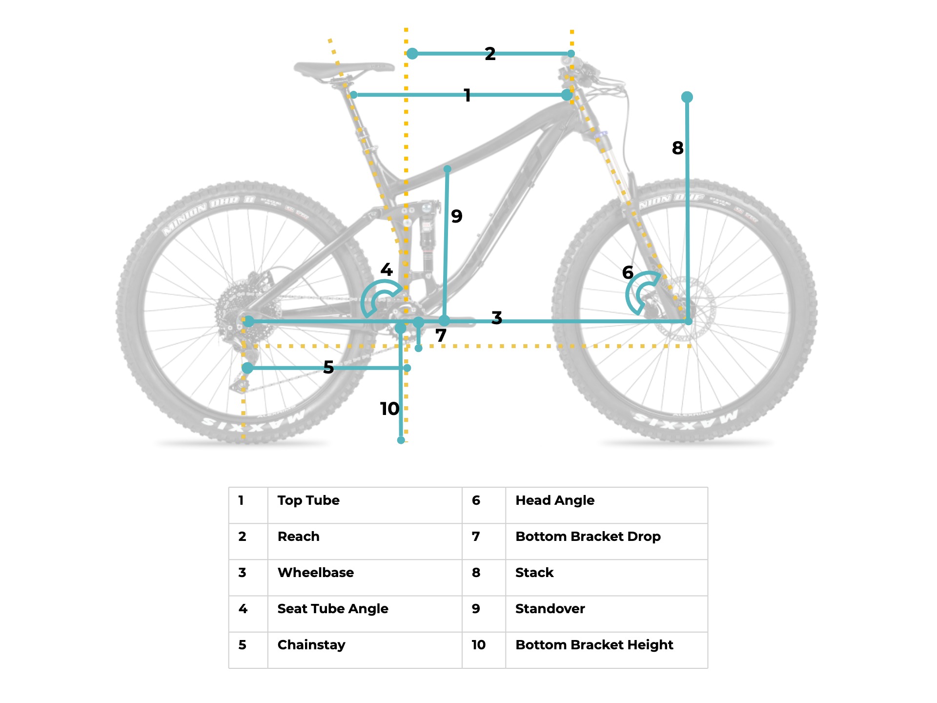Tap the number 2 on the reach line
pyautogui.click(x=490, y=54)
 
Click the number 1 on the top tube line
pyautogui.click(x=467, y=95)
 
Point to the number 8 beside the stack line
pyautogui.click(x=677, y=148)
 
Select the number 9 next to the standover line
pyautogui.click(x=456, y=216)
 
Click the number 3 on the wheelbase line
pyautogui.click(x=497, y=318)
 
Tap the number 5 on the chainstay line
pyautogui.click(x=328, y=367)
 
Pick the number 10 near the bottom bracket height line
pyautogui.click(x=389, y=409)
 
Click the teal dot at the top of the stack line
pyautogui.click(x=687, y=97)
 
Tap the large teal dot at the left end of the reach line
pyautogui.click(x=412, y=54)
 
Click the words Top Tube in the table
pyautogui.click(x=308, y=500)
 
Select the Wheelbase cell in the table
pyautogui.click(x=316, y=573)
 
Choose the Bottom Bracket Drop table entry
pyautogui.click(x=588, y=537)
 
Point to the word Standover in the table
pyautogui.click(x=550, y=609)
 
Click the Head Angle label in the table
pyautogui.click(x=555, y=500)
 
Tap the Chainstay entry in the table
pyautogui.click(x=311, y=645)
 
